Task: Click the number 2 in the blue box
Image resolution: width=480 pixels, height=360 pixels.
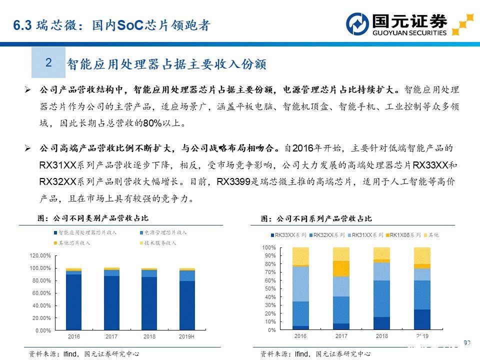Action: point(48,62)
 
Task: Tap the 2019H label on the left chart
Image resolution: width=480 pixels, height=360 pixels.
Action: point(186,336)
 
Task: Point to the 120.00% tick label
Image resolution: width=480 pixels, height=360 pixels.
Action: point(40,255)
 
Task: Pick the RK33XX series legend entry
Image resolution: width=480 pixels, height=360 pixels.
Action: point(288,234)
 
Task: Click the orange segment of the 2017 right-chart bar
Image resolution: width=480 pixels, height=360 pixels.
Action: point(341,268)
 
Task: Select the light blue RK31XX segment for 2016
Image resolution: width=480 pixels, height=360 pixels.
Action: point(300,283)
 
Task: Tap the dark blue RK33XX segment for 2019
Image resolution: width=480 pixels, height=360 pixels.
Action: point(422,319)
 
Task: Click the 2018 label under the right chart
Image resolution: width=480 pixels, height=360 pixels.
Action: point(381,336)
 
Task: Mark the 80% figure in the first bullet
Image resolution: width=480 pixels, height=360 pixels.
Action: point(150,123)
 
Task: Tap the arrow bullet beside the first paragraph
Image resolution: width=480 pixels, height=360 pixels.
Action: point(28,90)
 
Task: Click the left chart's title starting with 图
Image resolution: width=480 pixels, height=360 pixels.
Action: point(93,218)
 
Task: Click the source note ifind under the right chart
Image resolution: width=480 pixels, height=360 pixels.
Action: point(301,354)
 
